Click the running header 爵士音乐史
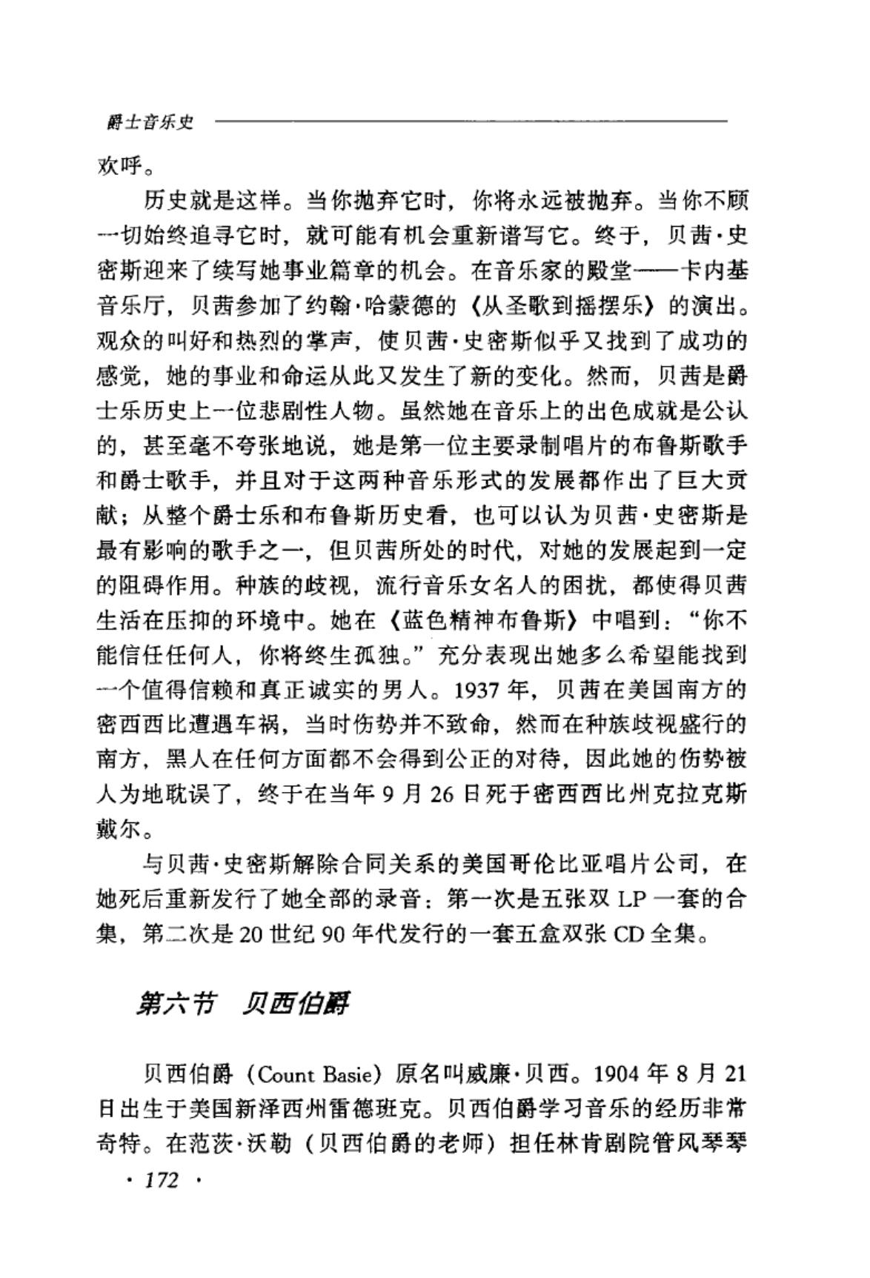click(150, 123)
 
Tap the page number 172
click(162, 1179)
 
